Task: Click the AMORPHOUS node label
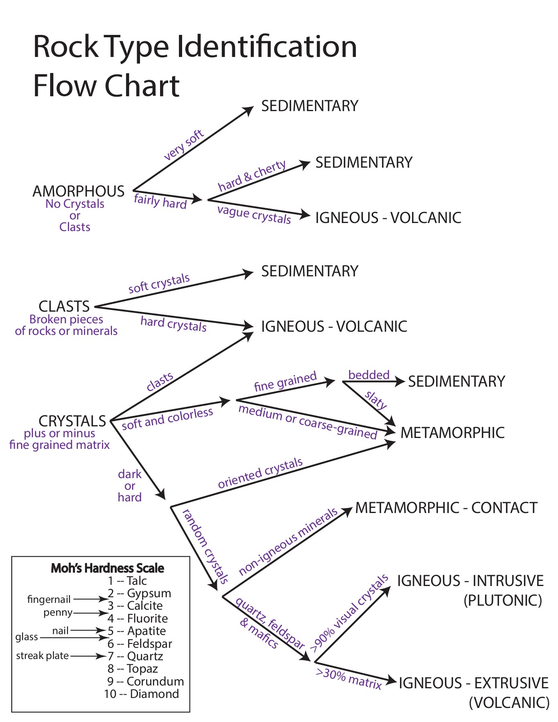click(x=79, y=191)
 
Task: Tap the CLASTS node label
click(x=64, y=306)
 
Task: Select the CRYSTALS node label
click(x=72, y=421)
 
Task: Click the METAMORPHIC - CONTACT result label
click(x=446, y=508)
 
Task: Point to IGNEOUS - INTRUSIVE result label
click(x=470, y=581)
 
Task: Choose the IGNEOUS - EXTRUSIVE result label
click(x=473, y=683)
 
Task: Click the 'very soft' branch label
click(x=184, y=145)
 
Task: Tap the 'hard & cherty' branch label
click(x=252, y=175)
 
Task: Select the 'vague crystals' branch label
click(x=254, y=215)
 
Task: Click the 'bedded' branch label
click(x=369, y=375)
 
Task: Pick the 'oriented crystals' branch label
click(x=260, y=473)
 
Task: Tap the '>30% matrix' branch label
click(x=348, y=679)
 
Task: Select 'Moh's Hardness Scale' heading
click(x=108, y=568)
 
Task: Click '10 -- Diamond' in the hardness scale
click(x=142, y=694)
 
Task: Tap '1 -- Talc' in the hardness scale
click(x=127, y=580)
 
